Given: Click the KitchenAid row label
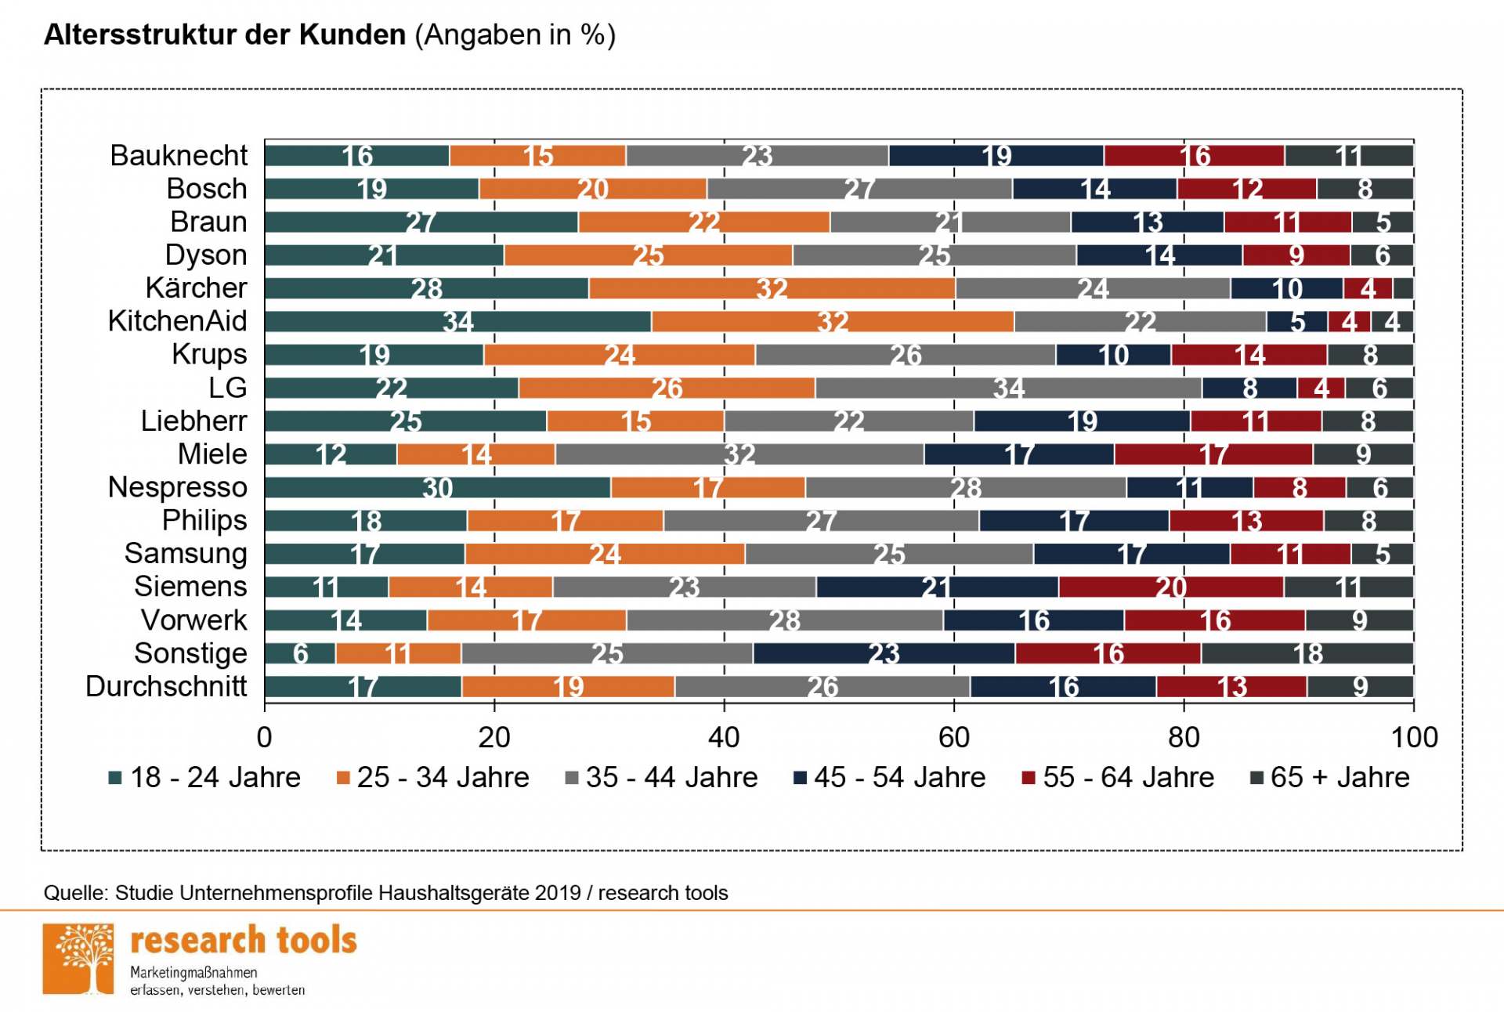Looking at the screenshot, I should point(177,321).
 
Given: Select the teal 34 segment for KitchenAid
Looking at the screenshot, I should point(458,321).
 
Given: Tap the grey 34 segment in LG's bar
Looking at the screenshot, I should point(1008,388).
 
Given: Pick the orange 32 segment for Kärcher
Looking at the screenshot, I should point(772,288).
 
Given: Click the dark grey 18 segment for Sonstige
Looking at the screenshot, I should point(1307,653).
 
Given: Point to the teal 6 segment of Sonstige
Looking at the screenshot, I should point(300,653).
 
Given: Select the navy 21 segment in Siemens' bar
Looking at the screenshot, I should point(937,587).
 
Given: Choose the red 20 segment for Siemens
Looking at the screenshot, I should point(1170,587).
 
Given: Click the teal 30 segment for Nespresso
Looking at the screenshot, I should point(438,487).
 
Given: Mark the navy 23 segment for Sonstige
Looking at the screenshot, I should point(884,653).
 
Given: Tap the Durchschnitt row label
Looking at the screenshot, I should point(166,686).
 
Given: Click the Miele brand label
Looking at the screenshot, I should point(212,454).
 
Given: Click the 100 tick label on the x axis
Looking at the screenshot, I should point(1413,737).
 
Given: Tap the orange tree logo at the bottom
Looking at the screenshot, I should point(78,959).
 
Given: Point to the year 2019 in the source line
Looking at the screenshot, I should point(558,893).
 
